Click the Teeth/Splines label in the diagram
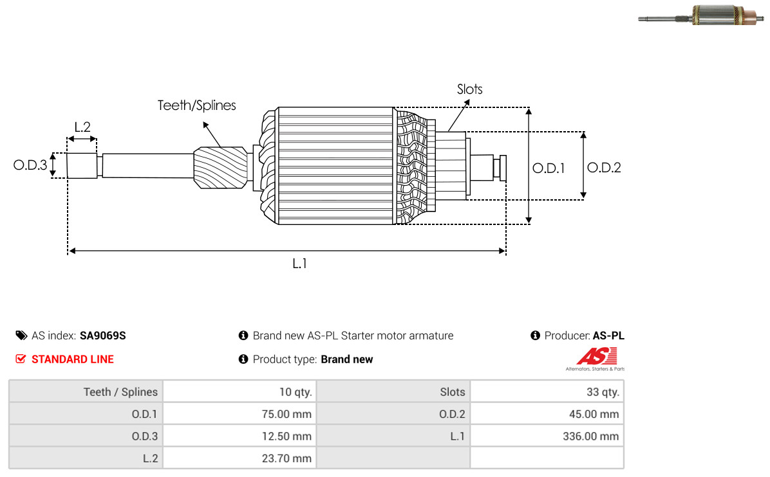point(196,105)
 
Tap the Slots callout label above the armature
point(469,89)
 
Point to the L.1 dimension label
point(299,264)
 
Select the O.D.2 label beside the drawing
point(604,168)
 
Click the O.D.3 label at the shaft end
point(30,165)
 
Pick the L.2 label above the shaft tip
point(82,127)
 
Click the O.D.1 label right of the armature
point(549,168)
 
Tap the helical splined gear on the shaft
point(220,168)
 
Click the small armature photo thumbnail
point(700,15)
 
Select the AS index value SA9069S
point(102,336)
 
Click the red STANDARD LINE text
point(73,359)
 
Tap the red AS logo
point(597,356)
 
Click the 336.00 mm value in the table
point(591,437)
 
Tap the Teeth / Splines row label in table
point(121,392)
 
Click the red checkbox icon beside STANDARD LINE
point(21,359)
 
